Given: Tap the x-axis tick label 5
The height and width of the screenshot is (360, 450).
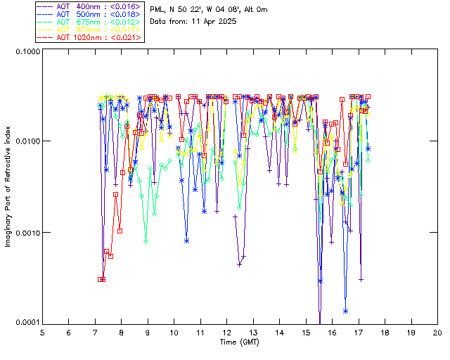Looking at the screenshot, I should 42,333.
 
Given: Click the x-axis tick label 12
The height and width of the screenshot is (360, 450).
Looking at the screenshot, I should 226,333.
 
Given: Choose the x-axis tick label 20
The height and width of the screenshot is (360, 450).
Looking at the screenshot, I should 437,333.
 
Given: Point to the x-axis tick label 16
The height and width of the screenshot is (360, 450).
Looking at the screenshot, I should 332,333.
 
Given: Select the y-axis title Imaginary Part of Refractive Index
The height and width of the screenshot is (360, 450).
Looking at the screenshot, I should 8,186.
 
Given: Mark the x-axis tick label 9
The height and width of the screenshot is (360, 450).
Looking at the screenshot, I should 148,333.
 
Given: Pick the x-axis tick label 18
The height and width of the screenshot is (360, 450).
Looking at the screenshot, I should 385,333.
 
